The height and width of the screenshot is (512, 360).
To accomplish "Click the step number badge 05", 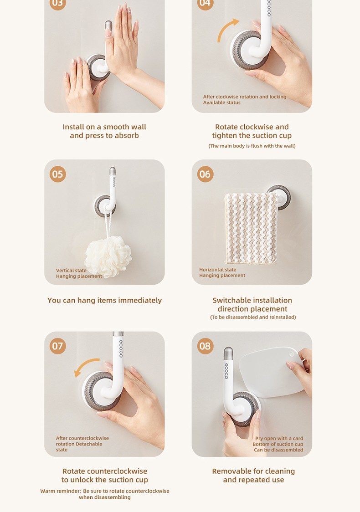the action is pos(58,174).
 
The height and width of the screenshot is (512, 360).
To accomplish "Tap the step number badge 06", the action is pos(205,174).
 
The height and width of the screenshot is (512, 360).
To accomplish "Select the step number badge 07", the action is pos(58,346).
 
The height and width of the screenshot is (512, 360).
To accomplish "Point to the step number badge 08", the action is pos(205,346).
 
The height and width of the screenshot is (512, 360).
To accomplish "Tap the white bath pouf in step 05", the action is pos(108,256).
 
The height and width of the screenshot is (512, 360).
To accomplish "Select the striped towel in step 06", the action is pos(251,228).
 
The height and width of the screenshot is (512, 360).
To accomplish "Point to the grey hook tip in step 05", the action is pos(113,171).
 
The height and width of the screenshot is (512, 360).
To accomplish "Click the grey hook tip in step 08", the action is pos(228,353).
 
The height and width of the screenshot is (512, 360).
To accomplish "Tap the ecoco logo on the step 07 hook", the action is pos(121,348).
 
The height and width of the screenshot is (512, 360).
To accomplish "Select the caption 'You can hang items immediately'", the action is pos(104,300).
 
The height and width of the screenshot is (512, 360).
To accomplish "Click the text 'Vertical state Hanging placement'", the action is pos(79,273).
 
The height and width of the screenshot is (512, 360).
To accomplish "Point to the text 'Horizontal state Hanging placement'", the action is pos(222,273).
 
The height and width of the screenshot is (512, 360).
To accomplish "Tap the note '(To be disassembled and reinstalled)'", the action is pos(253,317).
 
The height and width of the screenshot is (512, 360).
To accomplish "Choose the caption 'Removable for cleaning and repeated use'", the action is pos(253,476).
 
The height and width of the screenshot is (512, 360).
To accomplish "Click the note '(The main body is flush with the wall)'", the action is pos(252,146).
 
